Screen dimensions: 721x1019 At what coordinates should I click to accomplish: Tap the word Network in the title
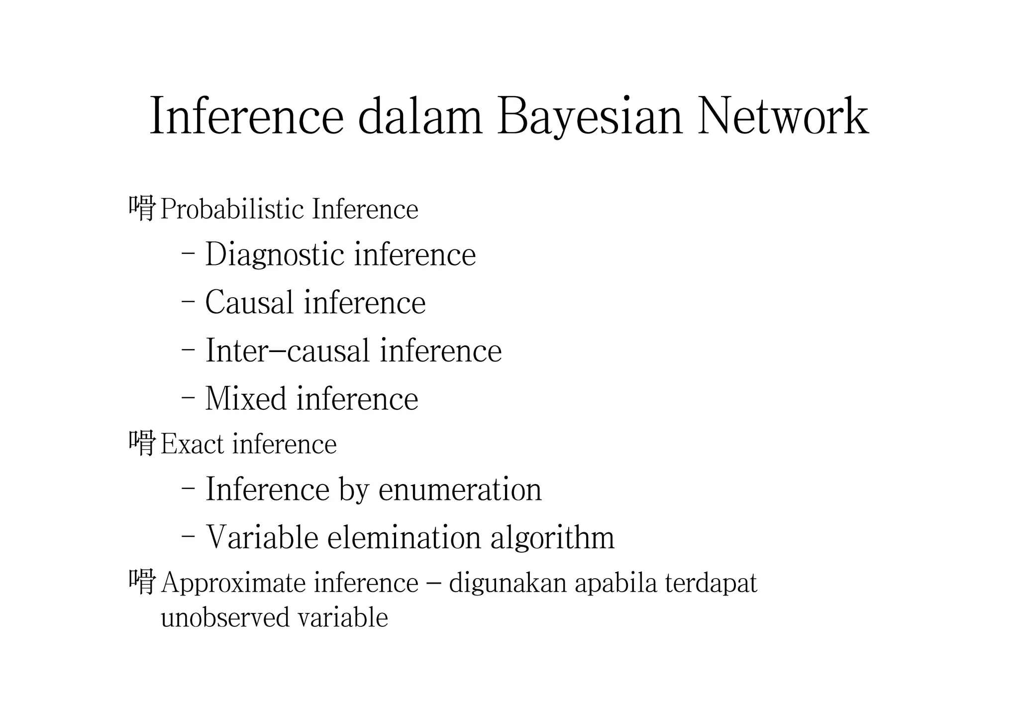[783, 116]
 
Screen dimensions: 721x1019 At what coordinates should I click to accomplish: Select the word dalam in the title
[420, 116]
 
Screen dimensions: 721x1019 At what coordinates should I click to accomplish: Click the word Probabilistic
[232, 210]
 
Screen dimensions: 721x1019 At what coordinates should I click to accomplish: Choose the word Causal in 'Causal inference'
[249, 302]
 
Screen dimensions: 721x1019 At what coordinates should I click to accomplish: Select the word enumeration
[460, 489]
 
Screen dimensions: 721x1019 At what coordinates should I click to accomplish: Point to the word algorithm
[552, 537]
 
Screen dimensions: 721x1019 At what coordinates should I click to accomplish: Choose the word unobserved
[225, 618]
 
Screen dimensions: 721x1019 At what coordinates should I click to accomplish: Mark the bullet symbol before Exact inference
[142, 443]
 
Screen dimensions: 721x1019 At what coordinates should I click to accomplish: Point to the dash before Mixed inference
[188, 398]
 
